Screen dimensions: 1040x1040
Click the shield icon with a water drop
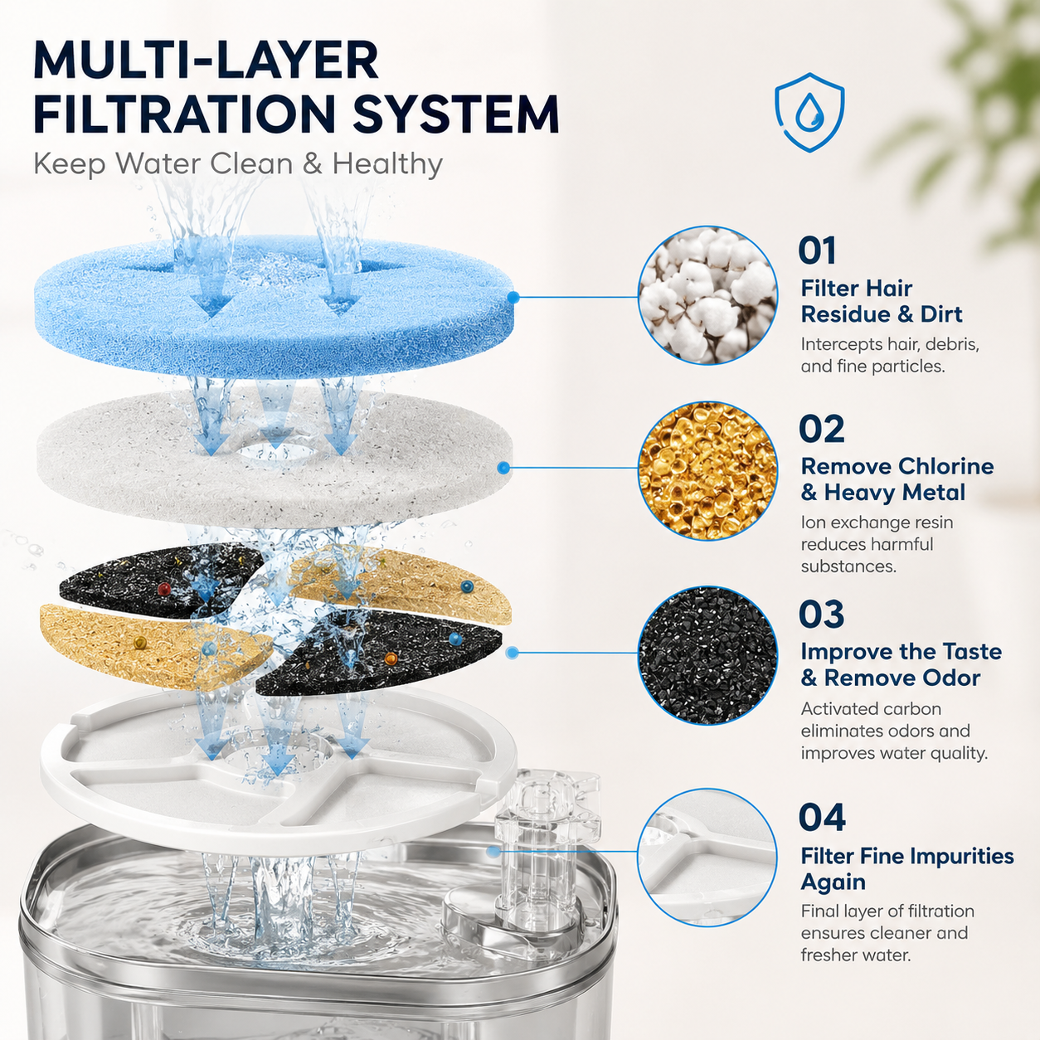click(x=809, y=112)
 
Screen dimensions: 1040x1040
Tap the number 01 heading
click(x=817, y=250)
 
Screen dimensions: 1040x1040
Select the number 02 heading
click(x=821, y=429)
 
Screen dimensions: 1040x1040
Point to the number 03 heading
click(x=821, y=615)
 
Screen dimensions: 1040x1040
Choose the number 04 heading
click(x=822, y=818)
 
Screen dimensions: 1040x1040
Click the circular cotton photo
click(x=707, y=294)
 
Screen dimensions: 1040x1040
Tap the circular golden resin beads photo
click(x=707, y=470)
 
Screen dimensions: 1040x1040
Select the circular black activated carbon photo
click(x=707, y=655)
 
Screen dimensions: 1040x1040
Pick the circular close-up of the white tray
click(x=707, y=858)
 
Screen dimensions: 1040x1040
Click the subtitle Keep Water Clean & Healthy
click(x=238, y=163)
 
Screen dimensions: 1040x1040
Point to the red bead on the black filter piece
click(x=164, y=588)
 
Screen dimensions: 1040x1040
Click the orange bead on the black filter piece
click(x=391, y=658)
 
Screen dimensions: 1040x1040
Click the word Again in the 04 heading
click(x=833, y=882)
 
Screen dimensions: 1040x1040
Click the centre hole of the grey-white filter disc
click(x=275, y=452)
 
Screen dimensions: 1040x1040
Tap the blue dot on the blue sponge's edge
click(x=514, y=297)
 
